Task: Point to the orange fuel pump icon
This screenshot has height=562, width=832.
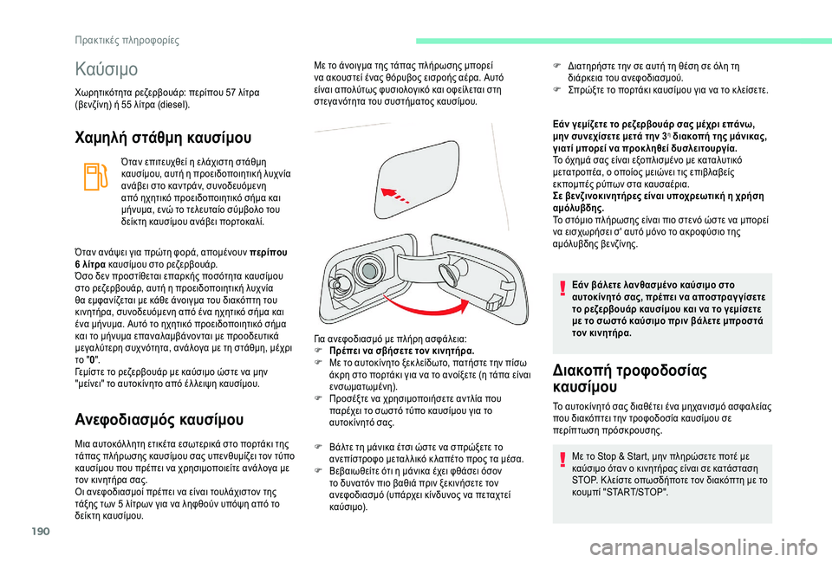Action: point(89,178)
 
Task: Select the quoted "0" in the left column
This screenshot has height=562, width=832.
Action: point(84,359)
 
